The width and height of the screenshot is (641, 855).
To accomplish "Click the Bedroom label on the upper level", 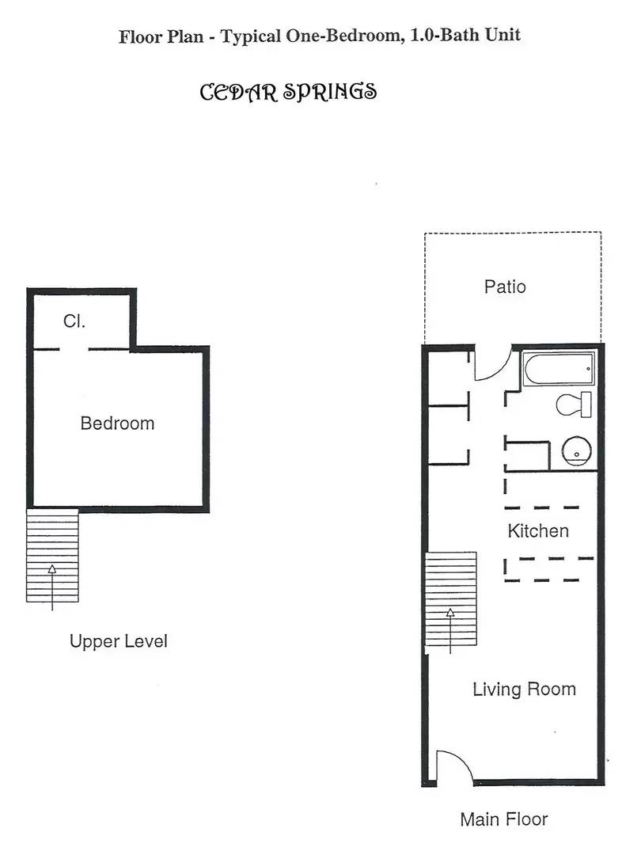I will [117, 424].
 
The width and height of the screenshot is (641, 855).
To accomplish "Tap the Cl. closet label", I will [74, 321].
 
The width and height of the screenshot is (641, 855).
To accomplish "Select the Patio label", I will [504, 287].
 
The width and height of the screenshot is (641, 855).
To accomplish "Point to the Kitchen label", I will [538, 531].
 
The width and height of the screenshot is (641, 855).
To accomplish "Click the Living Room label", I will [524, 689].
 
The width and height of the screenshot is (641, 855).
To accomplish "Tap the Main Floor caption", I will [503, 819].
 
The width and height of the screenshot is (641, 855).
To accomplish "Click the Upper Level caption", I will [118, 641].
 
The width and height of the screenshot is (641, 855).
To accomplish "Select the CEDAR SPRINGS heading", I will [288, 92].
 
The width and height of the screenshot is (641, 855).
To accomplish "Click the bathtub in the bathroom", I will [557, 369].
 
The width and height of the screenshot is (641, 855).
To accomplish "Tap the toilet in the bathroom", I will [574, 405].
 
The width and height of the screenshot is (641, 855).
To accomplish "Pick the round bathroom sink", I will [576, 451].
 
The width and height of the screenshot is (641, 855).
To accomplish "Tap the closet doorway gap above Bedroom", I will [74, 349].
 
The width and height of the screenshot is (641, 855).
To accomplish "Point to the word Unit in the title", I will [503, 36].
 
